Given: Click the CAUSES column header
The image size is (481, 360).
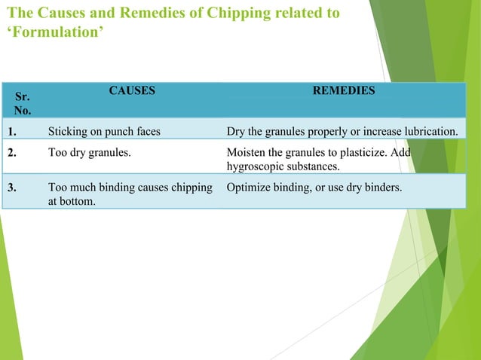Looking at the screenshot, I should click(x=132, y=90).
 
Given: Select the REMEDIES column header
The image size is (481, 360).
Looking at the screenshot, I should click(x=344, y=90).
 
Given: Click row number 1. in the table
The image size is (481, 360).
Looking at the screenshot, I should click(x=13, y=133).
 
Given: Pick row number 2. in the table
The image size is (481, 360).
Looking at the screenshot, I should click(x=13, y=151).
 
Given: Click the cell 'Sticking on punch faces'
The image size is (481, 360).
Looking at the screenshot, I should click(x=104, y=133).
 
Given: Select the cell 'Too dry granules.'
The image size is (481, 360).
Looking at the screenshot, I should click(x=89, y=151).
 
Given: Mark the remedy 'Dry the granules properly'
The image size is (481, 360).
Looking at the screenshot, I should click(x=342, y=133).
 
